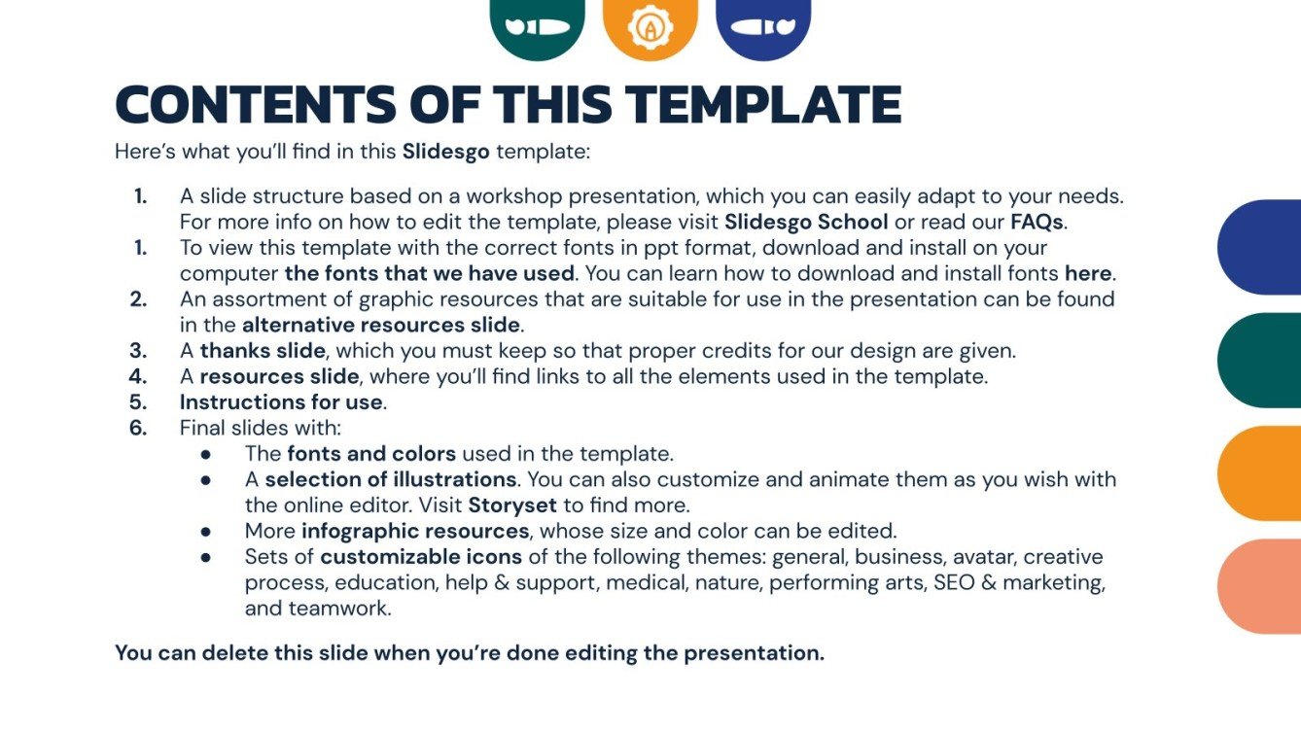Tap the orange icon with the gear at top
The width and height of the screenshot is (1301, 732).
pyautogui.click(x=650, y=27)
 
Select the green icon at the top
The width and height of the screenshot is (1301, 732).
pyautogui.click(x=537, y=26)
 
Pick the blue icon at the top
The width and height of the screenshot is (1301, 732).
pyautogui.click(x=763, y=26)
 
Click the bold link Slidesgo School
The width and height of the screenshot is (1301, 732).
pyautogui.click(x=806, y=223)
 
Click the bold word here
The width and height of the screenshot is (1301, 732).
pyautogui.click(x=1088, y=273)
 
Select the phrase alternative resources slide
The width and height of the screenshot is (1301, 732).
pyautogui.click(x=381, y=325)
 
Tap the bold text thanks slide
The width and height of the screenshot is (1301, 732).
pyautogui.click(x=264, y=350)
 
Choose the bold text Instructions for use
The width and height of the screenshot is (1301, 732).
pyautogui.click(x=282, y=401)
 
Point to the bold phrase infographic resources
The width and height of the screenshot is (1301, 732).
pyautogui.click(x=415, y=531)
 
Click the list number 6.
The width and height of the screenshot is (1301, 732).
pyautogui.click(x=138, y=428)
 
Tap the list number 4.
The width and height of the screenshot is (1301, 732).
pyautogui.click(x=138, y=376)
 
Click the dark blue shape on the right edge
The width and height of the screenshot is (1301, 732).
pyautogui.click(x=1260, y=247)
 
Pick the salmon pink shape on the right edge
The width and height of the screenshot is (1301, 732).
pyautogui.click(x=1260, y=586)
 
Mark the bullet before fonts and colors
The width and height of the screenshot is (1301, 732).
pyautogui.click(x=205, y=454)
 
